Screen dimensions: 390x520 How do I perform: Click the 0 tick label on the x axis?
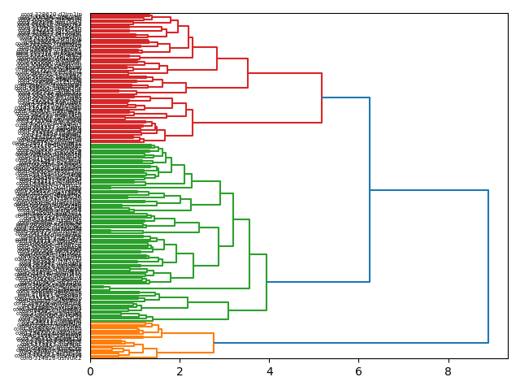pyautogui.click(x=90, y=371)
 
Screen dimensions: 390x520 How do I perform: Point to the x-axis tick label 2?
pyautogui.click(x=180, y=371)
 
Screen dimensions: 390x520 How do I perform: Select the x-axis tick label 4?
pyautogui.click(x=269, y=371)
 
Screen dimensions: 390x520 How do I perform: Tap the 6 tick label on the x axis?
pyautogui.click(x=358, y=371)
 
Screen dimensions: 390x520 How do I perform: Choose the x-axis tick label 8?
pyautogui.click(x=448, y=371)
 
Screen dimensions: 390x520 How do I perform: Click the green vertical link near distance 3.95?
pyautogui.click(x=266, y=282)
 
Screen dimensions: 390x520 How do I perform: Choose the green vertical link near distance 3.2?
pyautogui.click(x=233, y=219)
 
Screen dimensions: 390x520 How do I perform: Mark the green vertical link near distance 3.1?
pyautogui.click(x=228, y=310)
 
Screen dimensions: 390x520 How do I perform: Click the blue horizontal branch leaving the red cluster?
pyautogui.click(x=345, y=97)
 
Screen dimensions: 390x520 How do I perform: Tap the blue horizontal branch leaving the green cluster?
pyautogui.click(x=318, y=282)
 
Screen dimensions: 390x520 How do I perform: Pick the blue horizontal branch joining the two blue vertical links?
pyautogui.click(x=429, y=190)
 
